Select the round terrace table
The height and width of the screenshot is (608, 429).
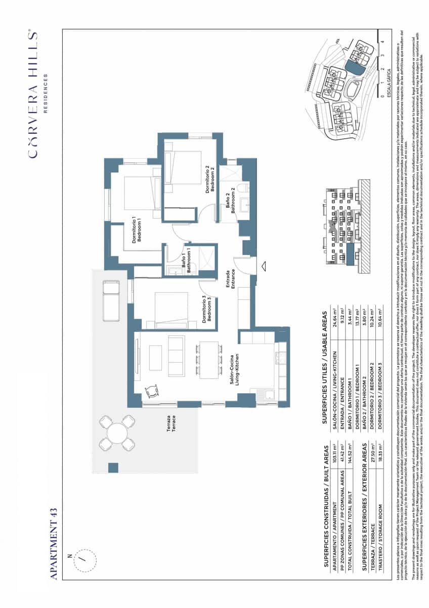click(x=117, y=434)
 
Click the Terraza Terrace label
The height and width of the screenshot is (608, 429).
click(x=171, y=423)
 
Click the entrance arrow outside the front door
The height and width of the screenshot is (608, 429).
click(x=263, y=264)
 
